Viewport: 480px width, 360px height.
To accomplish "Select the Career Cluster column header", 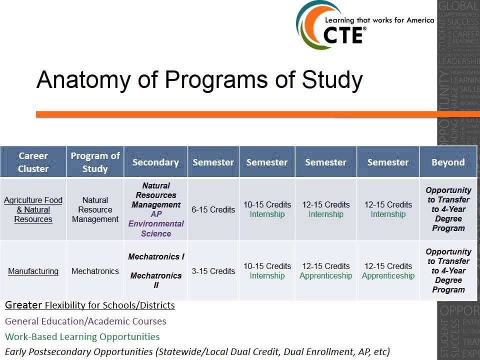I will coord(33,162).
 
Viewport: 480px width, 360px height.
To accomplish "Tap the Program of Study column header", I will coord(95,162).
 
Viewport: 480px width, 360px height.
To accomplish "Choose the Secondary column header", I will coord(155,162).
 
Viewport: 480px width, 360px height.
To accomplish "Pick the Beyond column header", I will coord(448,162).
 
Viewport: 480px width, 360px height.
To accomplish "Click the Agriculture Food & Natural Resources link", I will coord(33,209).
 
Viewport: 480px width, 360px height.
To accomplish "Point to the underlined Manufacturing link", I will coord(33,271).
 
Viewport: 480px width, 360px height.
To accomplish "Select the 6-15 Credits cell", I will coord(213,209).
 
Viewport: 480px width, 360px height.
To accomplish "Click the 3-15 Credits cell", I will coord(213,271).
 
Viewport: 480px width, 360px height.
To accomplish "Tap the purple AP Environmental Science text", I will coord(156,223).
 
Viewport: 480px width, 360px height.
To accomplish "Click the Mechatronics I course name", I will coord(156,256).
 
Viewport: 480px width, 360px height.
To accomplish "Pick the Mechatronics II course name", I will coord(156,280).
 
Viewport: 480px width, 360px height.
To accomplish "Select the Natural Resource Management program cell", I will coord(95,209).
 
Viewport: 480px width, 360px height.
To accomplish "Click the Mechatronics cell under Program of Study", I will coord(95,271).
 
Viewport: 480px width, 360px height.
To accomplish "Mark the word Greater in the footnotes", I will coord(23,305).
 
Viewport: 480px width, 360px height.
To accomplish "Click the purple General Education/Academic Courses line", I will coord(85,321).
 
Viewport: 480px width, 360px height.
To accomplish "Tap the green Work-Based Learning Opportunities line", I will coord(82,336).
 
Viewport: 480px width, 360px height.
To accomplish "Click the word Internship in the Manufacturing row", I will coord(267,276).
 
